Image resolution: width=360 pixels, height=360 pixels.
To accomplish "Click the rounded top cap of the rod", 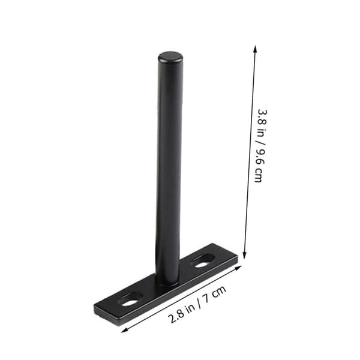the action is pos(170,57).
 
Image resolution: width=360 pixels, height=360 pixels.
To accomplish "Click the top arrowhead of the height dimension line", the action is pos(255,48).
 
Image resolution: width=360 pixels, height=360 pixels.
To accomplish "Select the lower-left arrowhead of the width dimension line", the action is pos(124,331).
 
